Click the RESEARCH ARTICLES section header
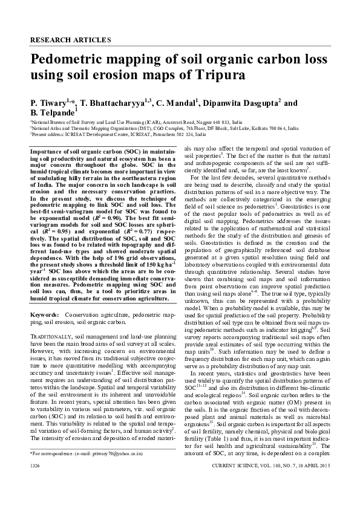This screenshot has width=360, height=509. coord(70,40)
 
